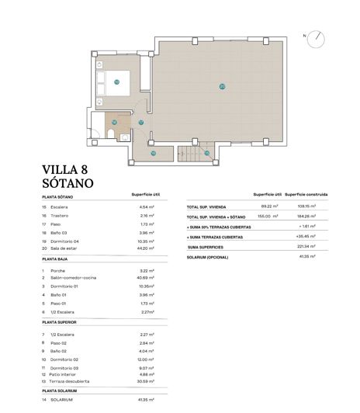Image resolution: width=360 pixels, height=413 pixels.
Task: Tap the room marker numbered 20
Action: click(222, 86)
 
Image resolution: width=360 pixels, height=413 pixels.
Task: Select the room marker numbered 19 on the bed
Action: click(117, 81)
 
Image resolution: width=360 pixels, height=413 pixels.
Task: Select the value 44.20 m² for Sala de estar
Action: click(146, 248)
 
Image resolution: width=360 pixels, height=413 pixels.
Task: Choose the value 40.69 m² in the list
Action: click(145, 277)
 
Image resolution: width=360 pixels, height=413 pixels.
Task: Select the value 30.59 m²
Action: click(145, 381)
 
